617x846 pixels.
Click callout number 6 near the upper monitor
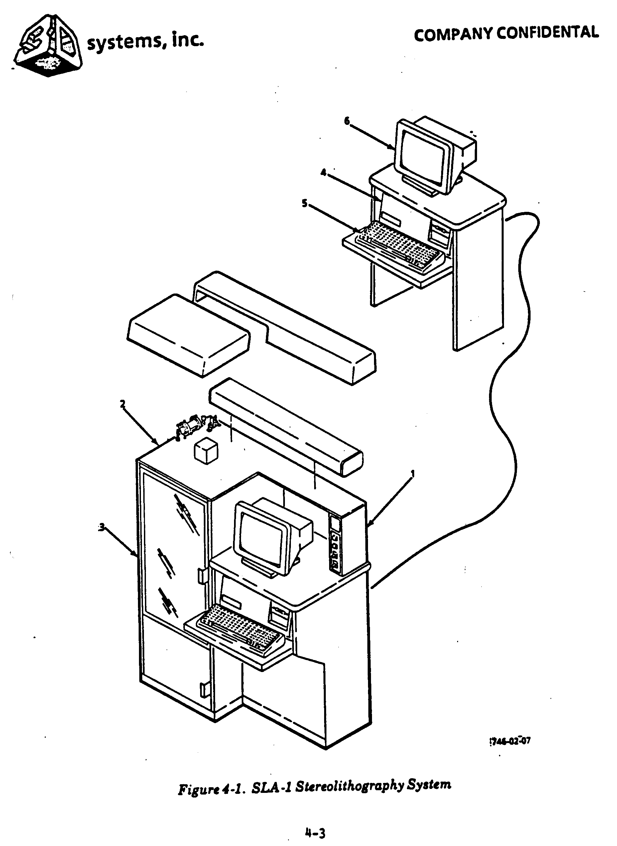pos(347,121)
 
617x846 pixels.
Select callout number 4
pos(323,172)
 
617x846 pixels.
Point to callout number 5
pos(305,203)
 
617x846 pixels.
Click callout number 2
pos(123,404)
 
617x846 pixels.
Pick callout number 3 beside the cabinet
pos(101,527)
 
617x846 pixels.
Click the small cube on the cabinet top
pos(206,451)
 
